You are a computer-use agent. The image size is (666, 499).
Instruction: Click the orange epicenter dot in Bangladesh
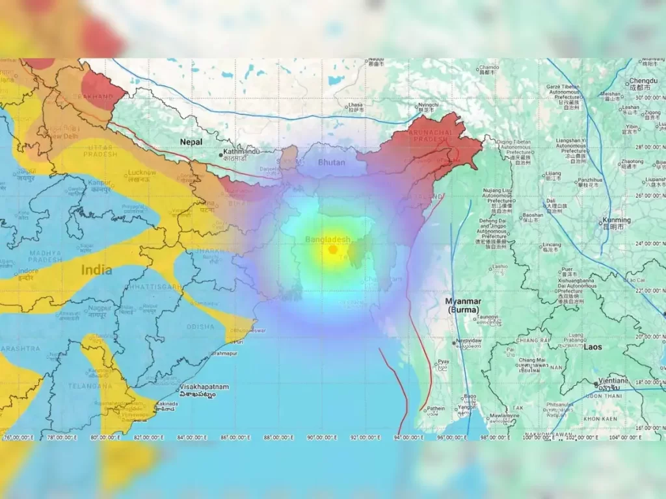point(333,249)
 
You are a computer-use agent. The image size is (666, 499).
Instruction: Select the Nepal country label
point(191,142)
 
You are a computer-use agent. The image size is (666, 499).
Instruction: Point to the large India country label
point(96,270)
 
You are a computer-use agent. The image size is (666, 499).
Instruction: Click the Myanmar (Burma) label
point(463,305)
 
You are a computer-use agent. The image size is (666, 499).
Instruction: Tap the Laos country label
point(593,347)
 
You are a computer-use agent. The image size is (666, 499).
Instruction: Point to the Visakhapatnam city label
point(204,387)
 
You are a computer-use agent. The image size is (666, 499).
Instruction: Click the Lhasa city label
point(354,105)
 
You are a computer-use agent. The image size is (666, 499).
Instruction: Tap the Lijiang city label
point(552,174)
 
